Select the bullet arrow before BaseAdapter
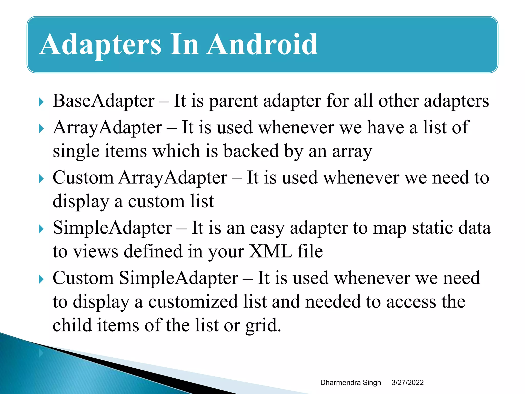(41, 102)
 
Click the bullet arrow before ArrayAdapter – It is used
(41, 129)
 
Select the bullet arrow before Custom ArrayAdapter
(41, 179)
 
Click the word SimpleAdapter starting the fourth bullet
(112, 228)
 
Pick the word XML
(270, 251)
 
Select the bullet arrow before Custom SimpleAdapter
(41, 279)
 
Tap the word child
(72, 325)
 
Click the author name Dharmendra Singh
(350, 382)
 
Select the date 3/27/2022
(407, 382)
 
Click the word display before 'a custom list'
(81, 202)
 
